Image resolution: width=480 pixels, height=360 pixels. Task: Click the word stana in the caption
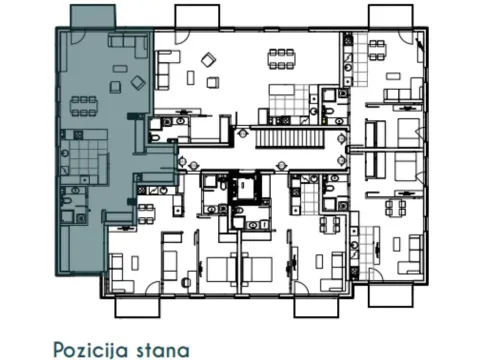point(163,348)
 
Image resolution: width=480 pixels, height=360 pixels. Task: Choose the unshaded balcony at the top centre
point(195,17)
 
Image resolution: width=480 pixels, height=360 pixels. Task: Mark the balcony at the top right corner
point(390,17)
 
